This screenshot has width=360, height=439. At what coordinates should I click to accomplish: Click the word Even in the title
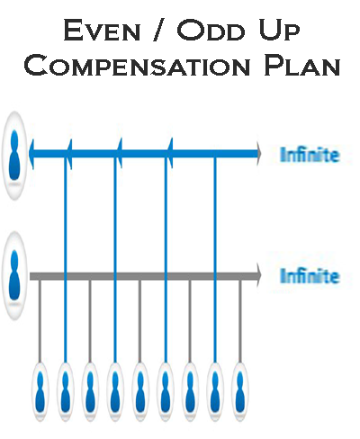(102, 30)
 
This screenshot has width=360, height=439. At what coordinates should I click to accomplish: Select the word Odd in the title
(211, 30)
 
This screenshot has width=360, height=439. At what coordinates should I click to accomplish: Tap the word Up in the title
(279, 31)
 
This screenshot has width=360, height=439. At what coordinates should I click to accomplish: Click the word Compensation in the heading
(137, 65)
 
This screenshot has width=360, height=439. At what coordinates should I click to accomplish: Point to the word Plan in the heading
(301, 65)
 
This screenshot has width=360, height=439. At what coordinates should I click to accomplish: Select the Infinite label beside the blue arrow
(310, 155)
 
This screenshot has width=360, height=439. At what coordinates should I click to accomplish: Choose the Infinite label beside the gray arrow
(310, 276)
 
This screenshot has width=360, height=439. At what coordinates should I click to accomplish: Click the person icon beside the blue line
(14, 156)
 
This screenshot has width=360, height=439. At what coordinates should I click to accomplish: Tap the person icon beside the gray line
(14, 275)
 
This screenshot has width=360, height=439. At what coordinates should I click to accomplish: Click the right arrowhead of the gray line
(259, 275)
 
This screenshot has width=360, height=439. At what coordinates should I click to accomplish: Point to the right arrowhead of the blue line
(259, 154)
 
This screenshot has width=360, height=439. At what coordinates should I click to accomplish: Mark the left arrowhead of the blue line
(31, 154)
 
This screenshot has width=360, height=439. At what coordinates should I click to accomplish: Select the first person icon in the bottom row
(40, 391)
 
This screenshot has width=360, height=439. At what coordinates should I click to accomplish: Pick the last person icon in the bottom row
(239, 391)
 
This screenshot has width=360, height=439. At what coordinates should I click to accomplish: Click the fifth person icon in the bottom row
(139, 391)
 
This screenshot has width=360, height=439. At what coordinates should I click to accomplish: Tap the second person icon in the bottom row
(65, 391)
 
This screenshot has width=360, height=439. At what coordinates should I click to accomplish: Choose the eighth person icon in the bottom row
(215, 391)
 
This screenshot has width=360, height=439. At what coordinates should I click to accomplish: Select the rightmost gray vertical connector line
(239, 321)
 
